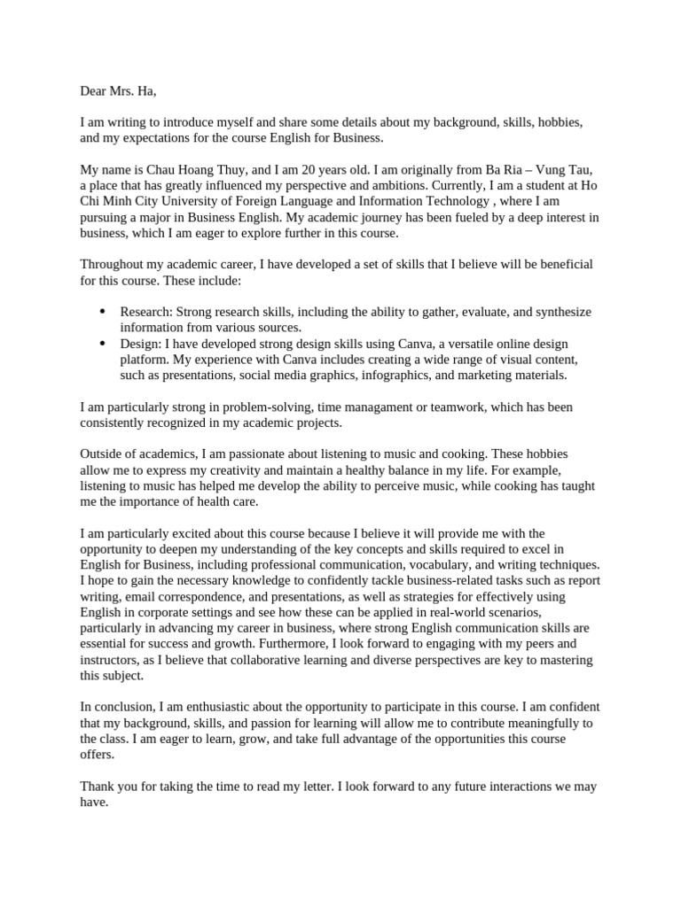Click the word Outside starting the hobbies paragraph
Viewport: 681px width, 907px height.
pyautogui.click(x=103, y=455)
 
